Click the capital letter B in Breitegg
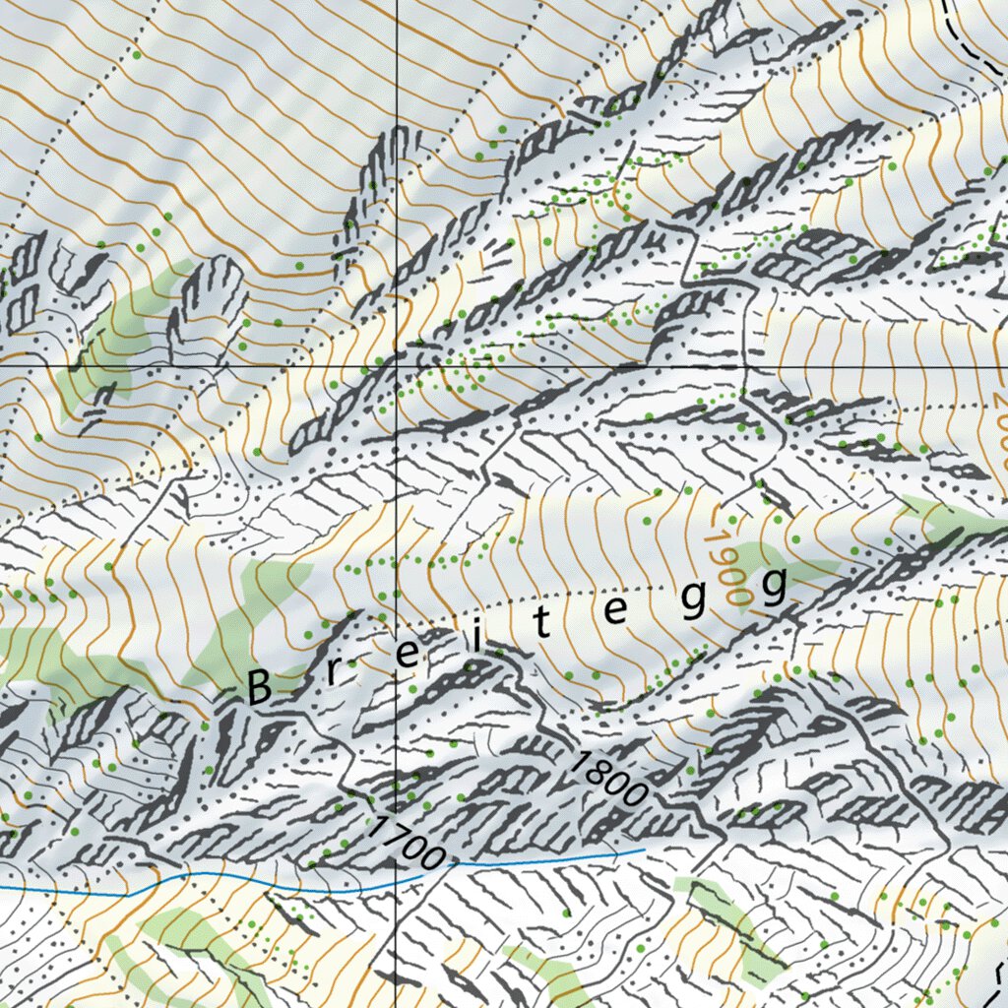(x=259, y=687)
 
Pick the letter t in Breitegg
(x=544, y=628)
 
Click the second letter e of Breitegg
(x=615, y=612)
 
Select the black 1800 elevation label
(x=607, y=779)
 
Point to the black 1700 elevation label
(x=404, y=842)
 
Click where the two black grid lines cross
(x=396, y=364)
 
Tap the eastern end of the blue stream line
(x=643, y=849)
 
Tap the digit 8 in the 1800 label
(x=597, y=771)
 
